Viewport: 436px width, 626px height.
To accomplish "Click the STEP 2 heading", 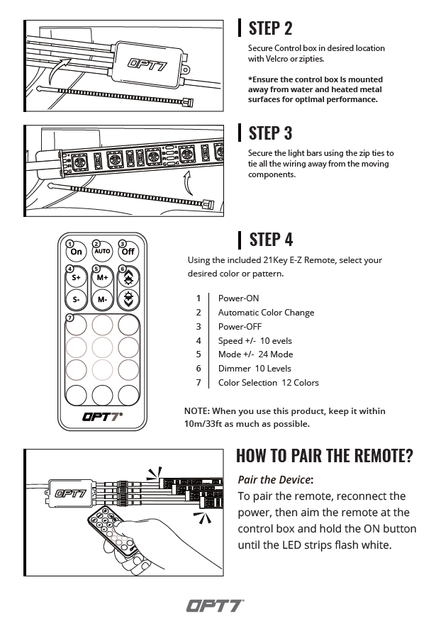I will (x=270, y=28).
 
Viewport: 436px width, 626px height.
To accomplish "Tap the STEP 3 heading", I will (x=270, y=133).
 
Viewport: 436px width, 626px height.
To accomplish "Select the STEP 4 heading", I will (x=270, y=239).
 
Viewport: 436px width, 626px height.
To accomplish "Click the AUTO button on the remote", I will (x=102, y=251).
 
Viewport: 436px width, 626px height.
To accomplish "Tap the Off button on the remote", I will (x=128, y=251).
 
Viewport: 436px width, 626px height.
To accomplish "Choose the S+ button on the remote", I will (x=76, y=276).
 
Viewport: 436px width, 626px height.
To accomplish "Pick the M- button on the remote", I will (x=102, y=299).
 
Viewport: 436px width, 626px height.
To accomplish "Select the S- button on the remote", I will (x=76, y=299).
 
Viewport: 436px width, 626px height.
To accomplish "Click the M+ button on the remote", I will (x=102, y=276).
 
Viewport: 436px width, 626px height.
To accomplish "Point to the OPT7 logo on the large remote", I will (x=102, y=417).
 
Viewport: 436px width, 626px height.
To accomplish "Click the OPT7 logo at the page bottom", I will (x=216, y=606).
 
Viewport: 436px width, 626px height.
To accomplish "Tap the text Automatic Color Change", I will (x=266, y=313).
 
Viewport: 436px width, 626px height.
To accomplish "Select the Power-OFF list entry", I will (x=240, y=327).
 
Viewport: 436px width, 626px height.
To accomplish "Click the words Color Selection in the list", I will (x=247, y=383).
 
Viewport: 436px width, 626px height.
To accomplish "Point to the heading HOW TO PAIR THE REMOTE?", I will (x=324, y=455).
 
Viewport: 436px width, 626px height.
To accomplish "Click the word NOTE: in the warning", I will (x=196, y=411).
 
